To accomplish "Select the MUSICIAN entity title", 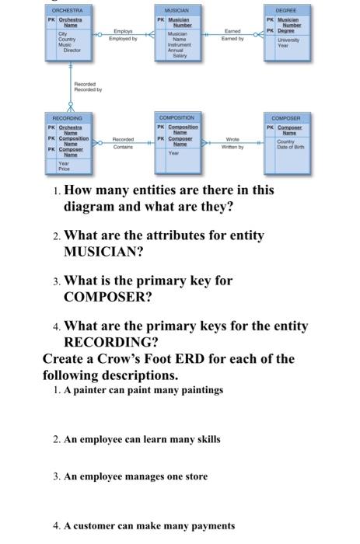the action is pyautogui.click(x=179, y=9).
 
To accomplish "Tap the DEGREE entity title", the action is pyautogui.click(x=286, y=9).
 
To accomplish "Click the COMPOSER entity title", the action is pyautogui.click(x=286, y=117).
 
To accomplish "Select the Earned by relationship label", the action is pyautogui.click(x=232, y=38).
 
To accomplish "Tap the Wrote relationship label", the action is pyautogui.click(x=232, y=140).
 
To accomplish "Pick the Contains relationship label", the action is pyautogui.click(x=124, y=146).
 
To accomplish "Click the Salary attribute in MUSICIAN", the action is pyautogui.click(x=180, y=56).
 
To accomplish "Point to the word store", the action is pyautogui.click(x=194, y=476).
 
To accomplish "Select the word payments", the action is pyautogui.click(x=211, y=526).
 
